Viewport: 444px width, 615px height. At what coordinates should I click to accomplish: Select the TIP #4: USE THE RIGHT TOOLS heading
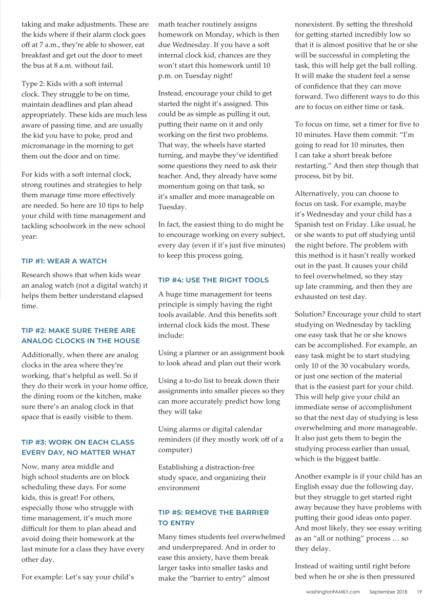pyautogui.click(x=213, y=280)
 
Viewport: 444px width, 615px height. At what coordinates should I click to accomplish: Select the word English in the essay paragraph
pyautogui.click(x=309, y=487)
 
